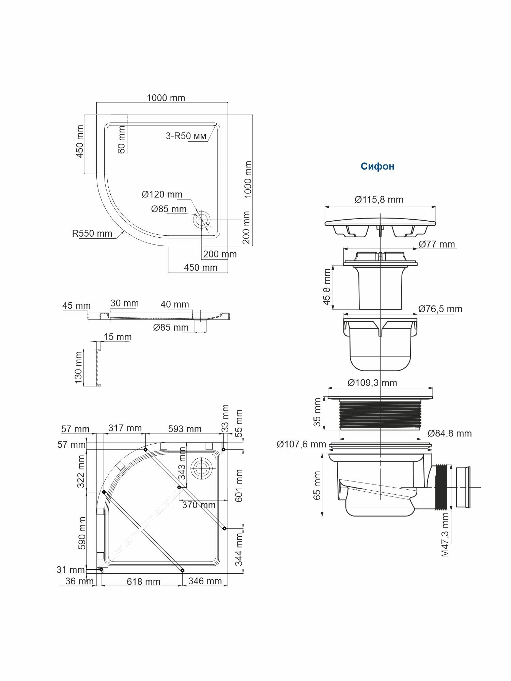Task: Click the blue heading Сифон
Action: pos(377,166)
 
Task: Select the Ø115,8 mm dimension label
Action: pos(379,200)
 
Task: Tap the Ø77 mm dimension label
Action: pos(437,244)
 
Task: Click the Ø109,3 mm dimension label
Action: pos(372,383)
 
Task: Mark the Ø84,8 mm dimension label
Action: pos(450,433)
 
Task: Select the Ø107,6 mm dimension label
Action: pos(301,444)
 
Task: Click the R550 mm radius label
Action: pos(92,234)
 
